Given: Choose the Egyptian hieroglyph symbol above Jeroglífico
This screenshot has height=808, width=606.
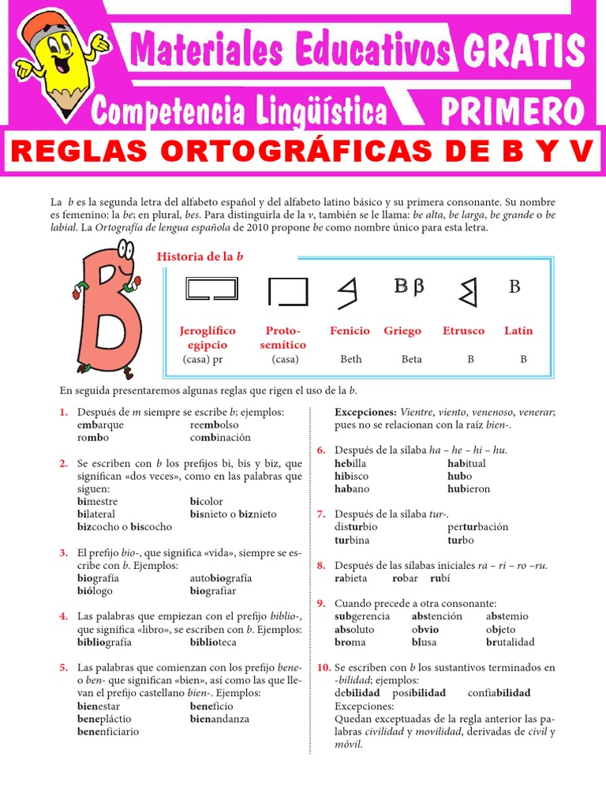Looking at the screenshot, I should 211,290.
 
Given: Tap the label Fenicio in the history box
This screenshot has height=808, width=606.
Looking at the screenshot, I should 350,331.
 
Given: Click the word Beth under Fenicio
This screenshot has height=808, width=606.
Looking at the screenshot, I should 351,359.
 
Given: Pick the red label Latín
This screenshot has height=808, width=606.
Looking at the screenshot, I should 518,331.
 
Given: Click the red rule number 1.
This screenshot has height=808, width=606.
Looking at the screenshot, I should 63,412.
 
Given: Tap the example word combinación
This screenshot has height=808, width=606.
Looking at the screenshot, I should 220,437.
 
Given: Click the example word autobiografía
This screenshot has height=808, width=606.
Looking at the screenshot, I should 222,578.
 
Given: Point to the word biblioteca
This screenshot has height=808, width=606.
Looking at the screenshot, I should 213,642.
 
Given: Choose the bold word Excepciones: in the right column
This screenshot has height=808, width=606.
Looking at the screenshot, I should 365,412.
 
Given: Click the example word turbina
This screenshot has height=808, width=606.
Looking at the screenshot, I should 352,540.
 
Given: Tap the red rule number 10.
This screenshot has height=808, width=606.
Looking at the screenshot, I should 324,667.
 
